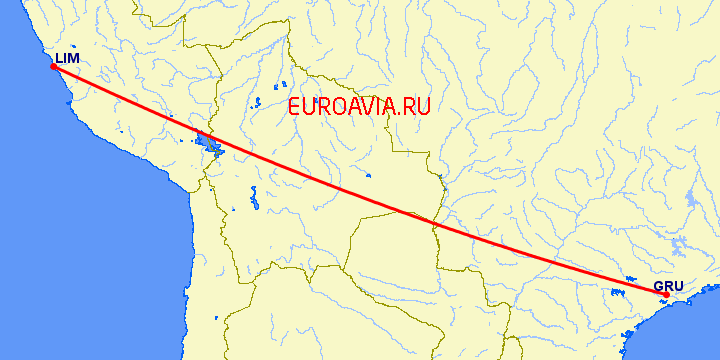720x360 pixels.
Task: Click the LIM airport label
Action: [x=67, y=59]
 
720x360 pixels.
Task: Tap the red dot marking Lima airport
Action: [x=53, y=67]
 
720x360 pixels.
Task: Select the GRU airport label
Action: [x=668, y=286]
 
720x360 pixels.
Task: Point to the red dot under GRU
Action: [x=666, y=294]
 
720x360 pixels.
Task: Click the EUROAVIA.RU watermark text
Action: [x=358, y=107]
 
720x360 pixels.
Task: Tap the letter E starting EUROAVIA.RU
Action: [x=294, y=107]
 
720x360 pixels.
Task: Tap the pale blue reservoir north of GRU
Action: [x=685, y=246]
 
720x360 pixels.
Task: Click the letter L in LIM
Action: [x=59, y=59]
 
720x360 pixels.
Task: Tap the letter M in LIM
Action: [x=74, y=59]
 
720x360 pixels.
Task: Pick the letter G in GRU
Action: [x=659, y=286]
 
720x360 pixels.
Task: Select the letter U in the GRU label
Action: [x=678, y=286]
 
